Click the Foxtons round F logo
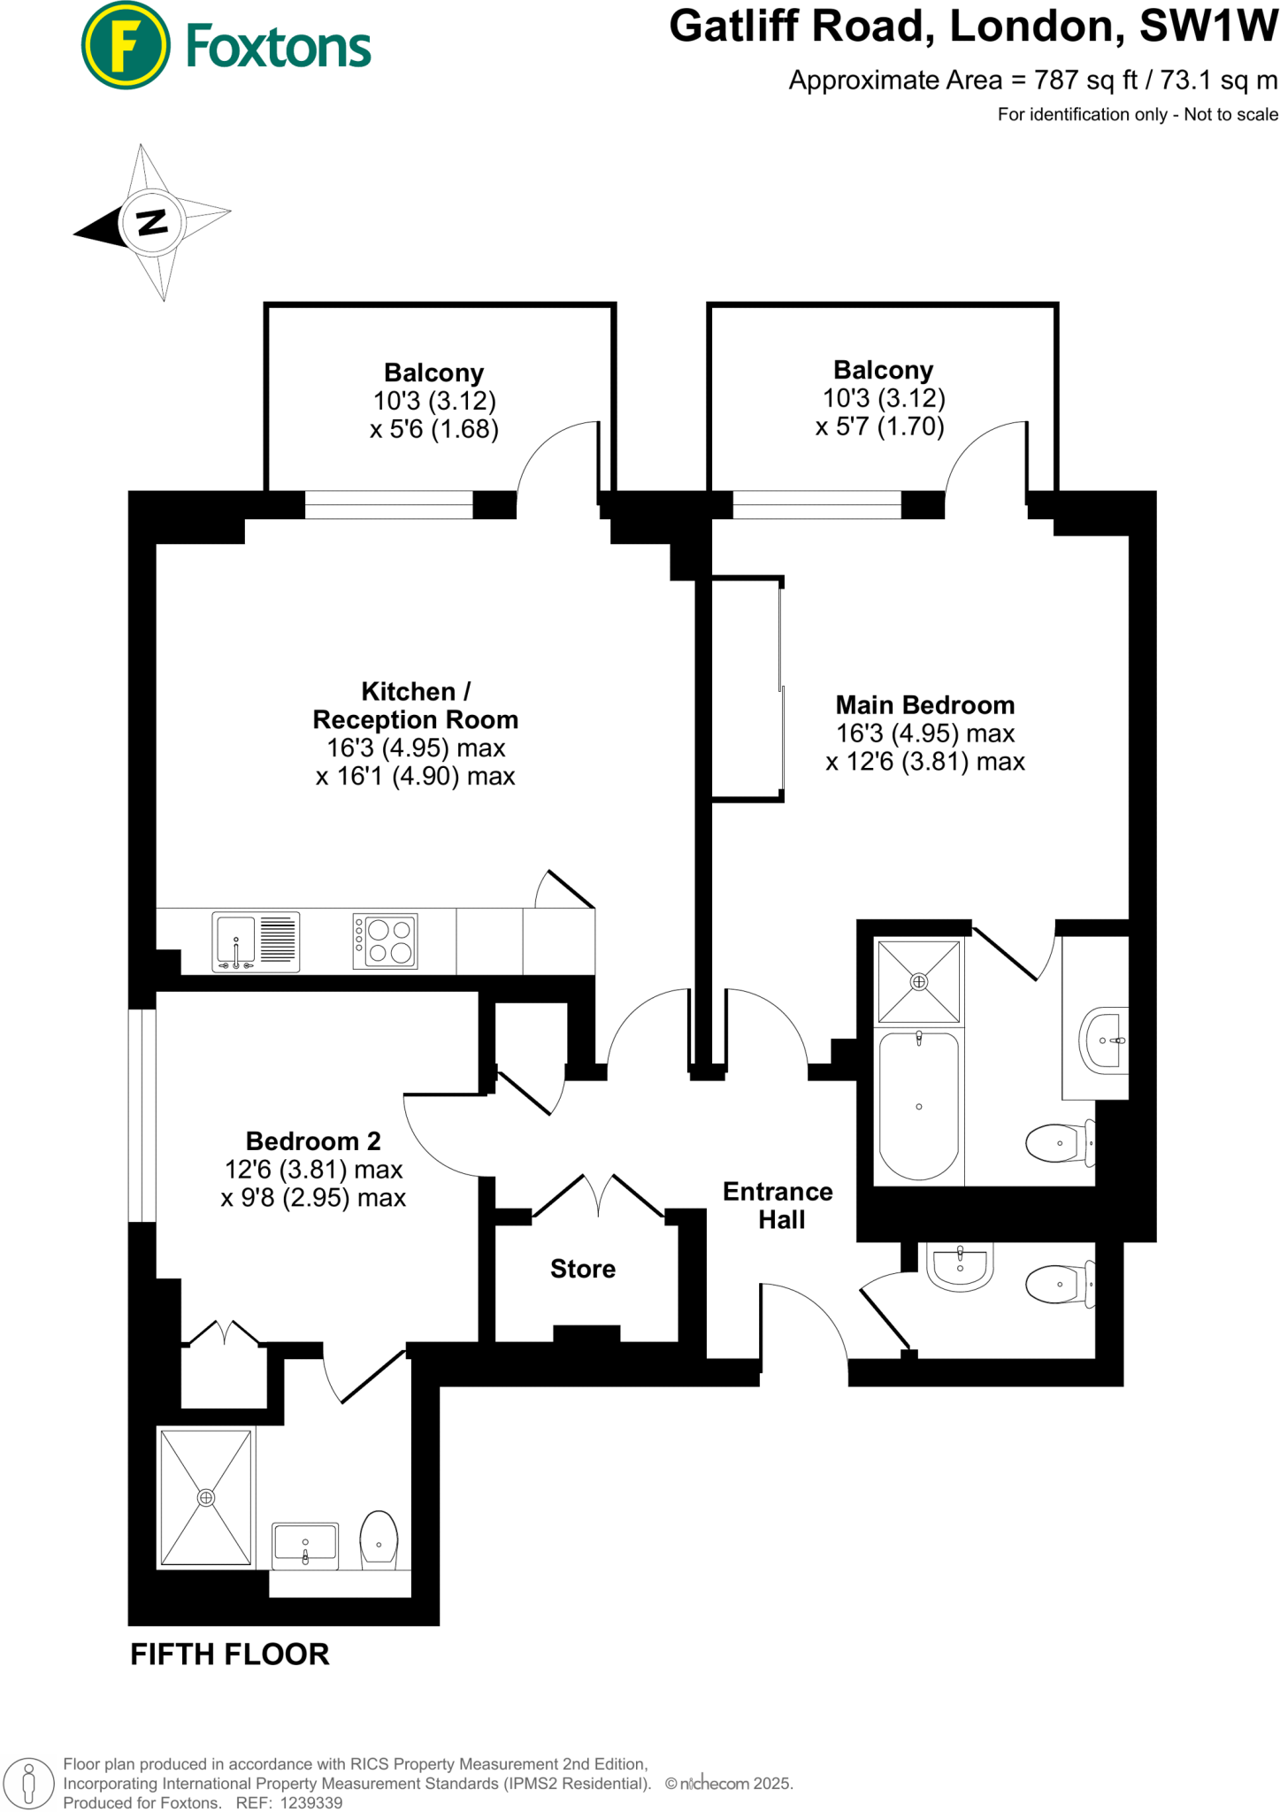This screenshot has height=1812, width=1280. pos(125,45)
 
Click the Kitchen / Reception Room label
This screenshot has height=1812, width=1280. pos(415,705)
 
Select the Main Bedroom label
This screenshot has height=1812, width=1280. pos(924,705)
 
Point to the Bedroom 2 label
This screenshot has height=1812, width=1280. pos(313,1141)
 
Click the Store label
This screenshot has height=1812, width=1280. pos(582,1269)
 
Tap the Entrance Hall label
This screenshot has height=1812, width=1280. pos(778,1205)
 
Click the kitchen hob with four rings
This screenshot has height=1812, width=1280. pos(386,941)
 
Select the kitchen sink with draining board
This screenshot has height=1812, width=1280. pos(256,941)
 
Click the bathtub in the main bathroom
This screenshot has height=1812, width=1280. pos(918,1106)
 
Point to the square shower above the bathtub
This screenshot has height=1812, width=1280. pos(918,981)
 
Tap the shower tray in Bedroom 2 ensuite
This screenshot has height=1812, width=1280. pos(205,1497)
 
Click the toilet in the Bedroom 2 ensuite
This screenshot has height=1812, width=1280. pos(379,1539)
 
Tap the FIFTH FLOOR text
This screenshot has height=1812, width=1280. pos(229,1654)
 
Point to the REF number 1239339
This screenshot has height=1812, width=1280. pos(310,1802)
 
